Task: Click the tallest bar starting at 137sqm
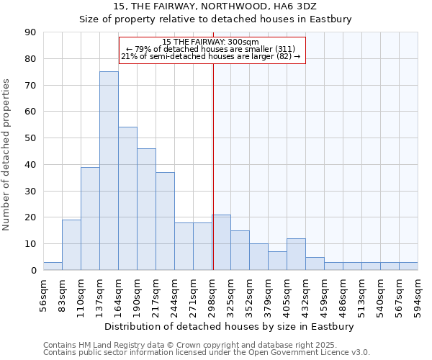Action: [x=109, y=171]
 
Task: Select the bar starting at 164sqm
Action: [x=127, y=199]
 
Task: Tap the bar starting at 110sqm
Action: [x=90, y=218]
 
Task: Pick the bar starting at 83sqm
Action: [x=71, y=245]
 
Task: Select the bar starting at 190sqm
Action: [x=146, y=209]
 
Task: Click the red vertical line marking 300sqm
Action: [x=213, y=166]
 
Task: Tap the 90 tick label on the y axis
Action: [x=30, y=32]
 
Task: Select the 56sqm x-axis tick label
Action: [x=44, y=293]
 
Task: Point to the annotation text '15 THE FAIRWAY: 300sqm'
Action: [x=210, y=42]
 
